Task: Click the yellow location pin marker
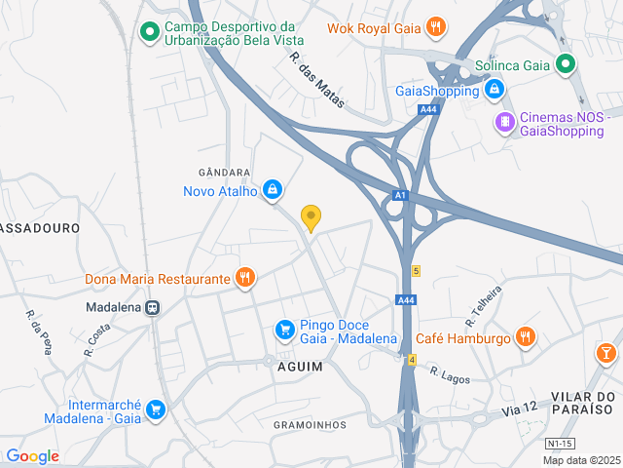(311, 217)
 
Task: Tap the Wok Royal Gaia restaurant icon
(437, 27)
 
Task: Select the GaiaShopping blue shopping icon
(495, 91)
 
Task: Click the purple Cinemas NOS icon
(503, 122)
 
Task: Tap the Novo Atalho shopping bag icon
(274, 189)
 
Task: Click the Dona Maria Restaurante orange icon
(244, 279)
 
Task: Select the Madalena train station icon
(153, 306)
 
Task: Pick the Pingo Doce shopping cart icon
(284, 331)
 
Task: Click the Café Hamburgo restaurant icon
(526, 337)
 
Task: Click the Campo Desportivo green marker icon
(149, 33)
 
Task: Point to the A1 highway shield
(399, 196)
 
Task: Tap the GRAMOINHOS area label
(310, 424)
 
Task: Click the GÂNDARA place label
(224, 172)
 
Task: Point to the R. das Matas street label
(316, 79)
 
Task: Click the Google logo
(32, 456)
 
